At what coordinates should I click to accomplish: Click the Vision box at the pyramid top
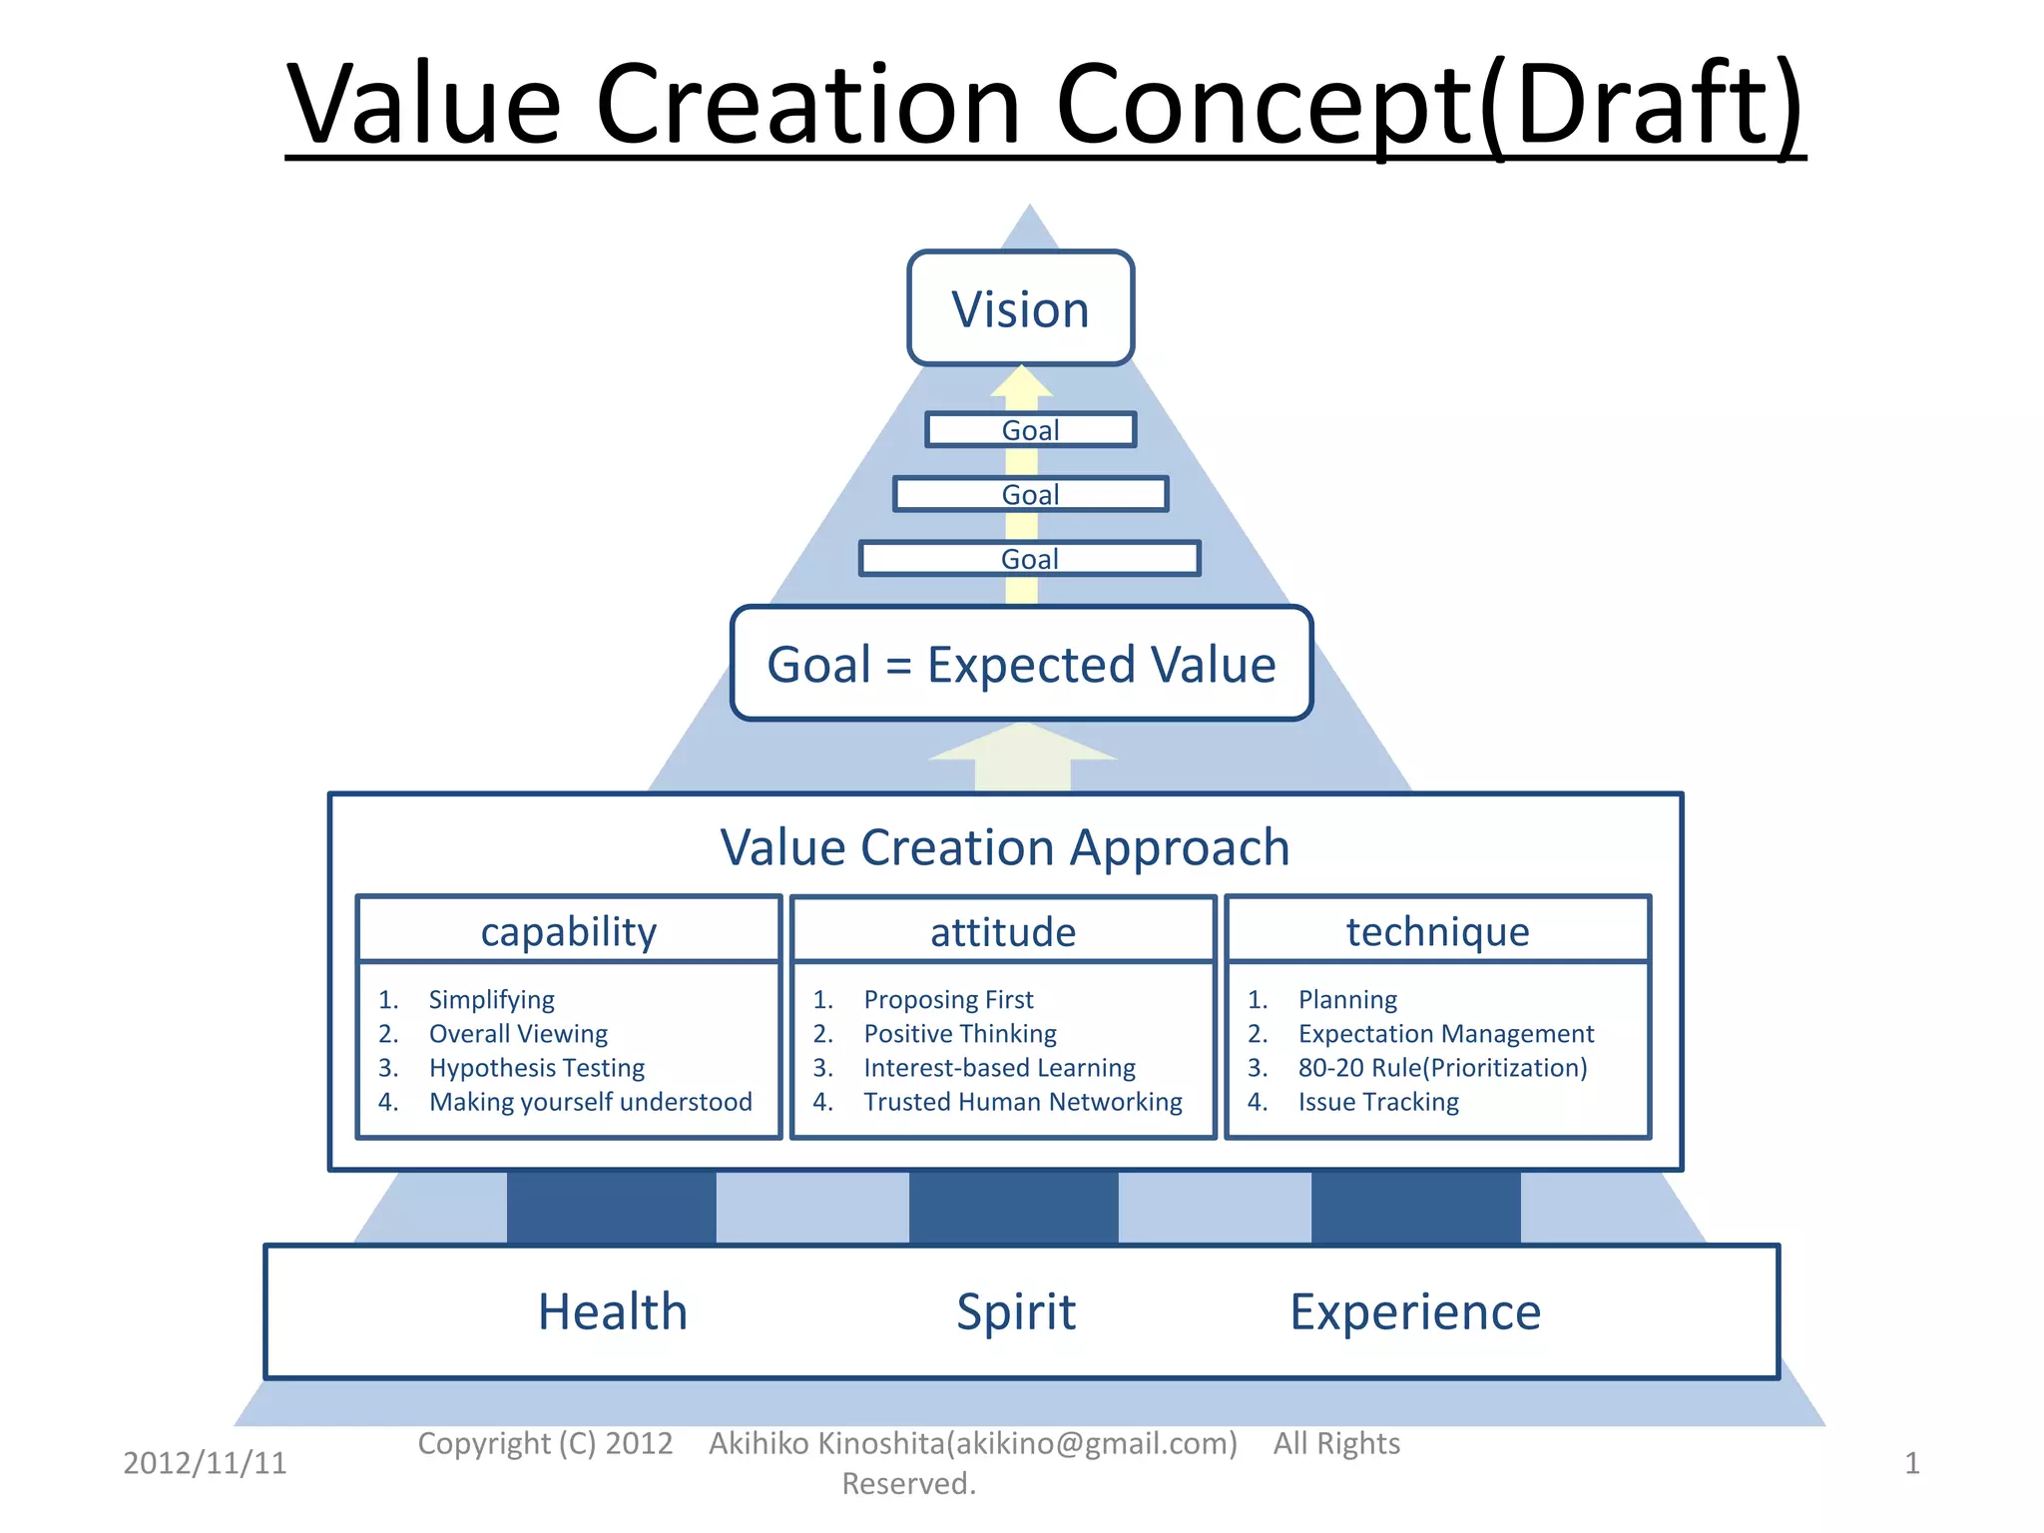click(1020, 308)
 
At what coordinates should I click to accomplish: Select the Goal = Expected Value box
click(1021, 664)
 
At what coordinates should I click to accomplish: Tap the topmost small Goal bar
click(1030, 430)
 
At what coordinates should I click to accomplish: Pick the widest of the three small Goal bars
click(1029, 559)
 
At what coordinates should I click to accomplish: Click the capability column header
click(569, 931)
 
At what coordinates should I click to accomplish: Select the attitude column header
click(1003, 931)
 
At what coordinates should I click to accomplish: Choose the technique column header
click(1437, 931)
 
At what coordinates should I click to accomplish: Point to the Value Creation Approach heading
click(1005, 847)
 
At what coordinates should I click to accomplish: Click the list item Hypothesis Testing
click(537, 1068)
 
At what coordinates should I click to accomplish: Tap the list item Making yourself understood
click(591, 1102)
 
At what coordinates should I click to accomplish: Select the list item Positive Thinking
click(960, 1034)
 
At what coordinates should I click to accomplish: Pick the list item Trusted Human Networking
click(1023, 1102)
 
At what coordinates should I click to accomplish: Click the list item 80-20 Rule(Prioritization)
click(1442, 1068)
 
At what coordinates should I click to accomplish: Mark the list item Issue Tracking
click(1378, 1102)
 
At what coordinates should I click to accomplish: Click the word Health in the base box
click(613, 1311)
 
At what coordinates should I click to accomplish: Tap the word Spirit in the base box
click(1016, 1311)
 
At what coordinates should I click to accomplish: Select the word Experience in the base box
click(1415, 1311)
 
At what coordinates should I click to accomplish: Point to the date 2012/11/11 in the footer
click(205, 1463)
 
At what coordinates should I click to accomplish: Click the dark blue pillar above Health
click(611, 1207)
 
